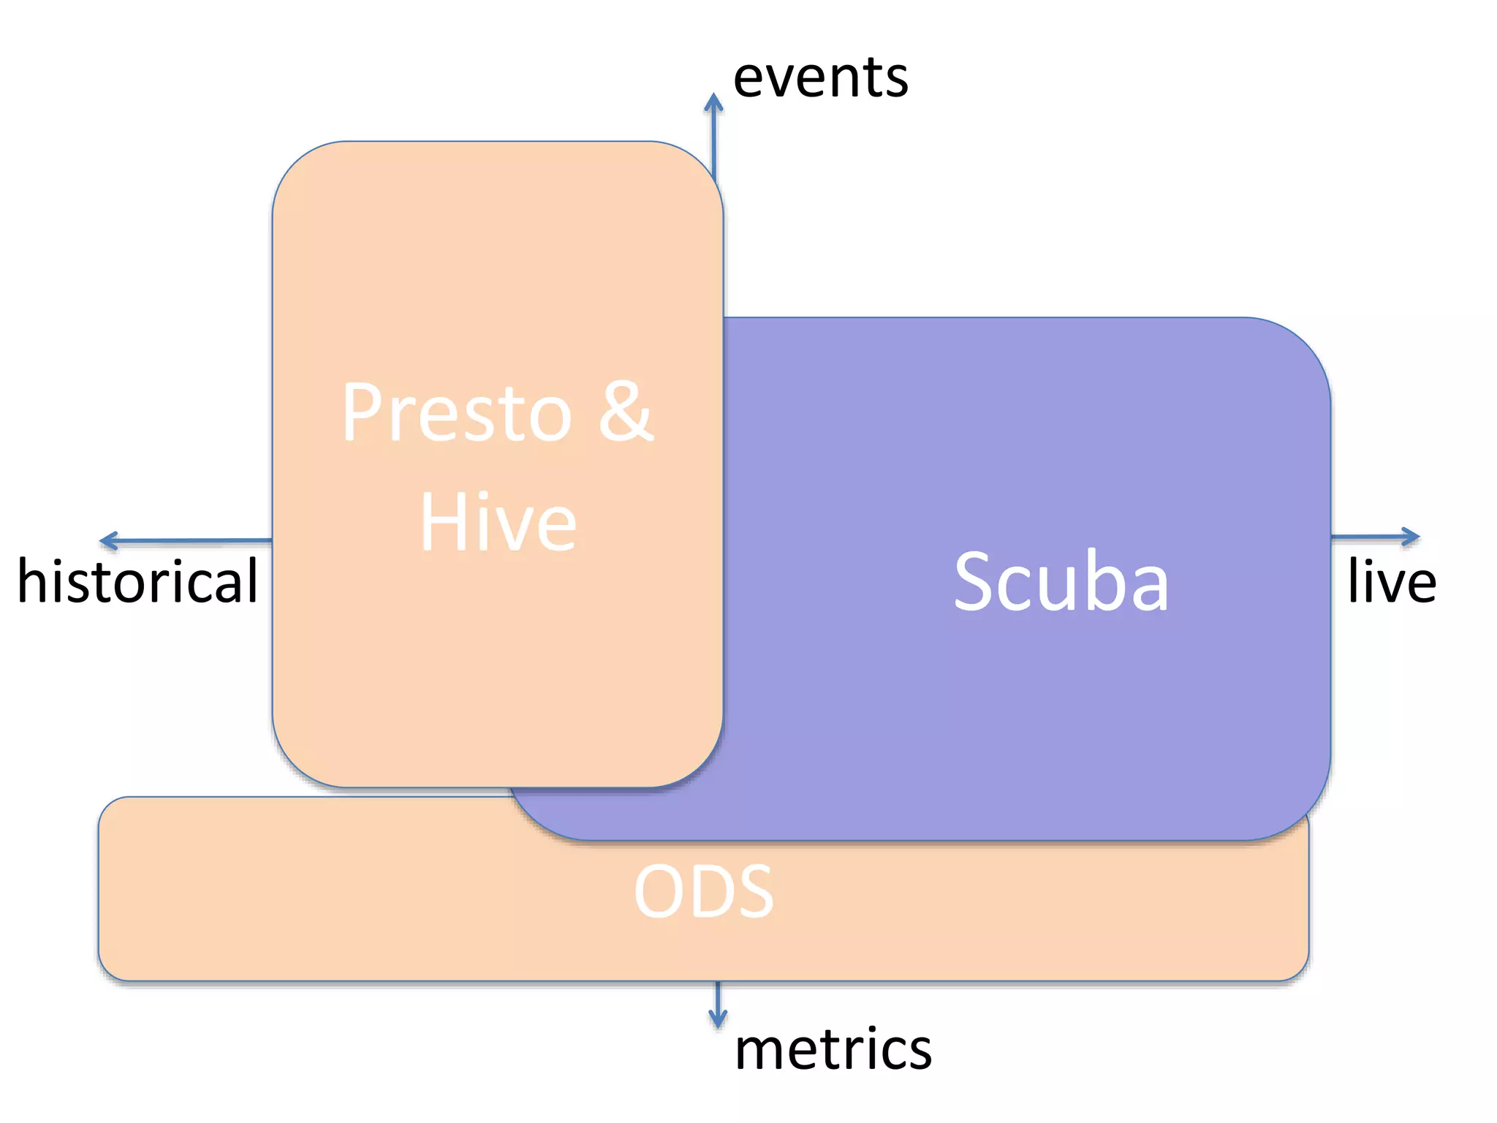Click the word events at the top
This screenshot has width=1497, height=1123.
[x=820, y=77]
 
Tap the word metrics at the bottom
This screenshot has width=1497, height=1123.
[x=833, y=1049]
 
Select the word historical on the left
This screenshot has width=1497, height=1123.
[x=137, y=581]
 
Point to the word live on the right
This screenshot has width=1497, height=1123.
[x=1392, y=581]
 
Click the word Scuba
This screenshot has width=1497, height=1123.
[x=1061, y=582]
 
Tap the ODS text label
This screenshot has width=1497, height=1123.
[x=703, y=892]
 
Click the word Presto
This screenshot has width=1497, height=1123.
[x=456, y=414]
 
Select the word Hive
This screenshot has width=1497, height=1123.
[x=499, y=523]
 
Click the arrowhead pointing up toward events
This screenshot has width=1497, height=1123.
[x=714, y=102]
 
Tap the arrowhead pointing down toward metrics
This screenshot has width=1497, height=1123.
[x=718, y=1019]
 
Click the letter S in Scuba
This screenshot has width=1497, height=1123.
[x=977, y=582]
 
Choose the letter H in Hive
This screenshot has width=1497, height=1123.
[x=441, y=523]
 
